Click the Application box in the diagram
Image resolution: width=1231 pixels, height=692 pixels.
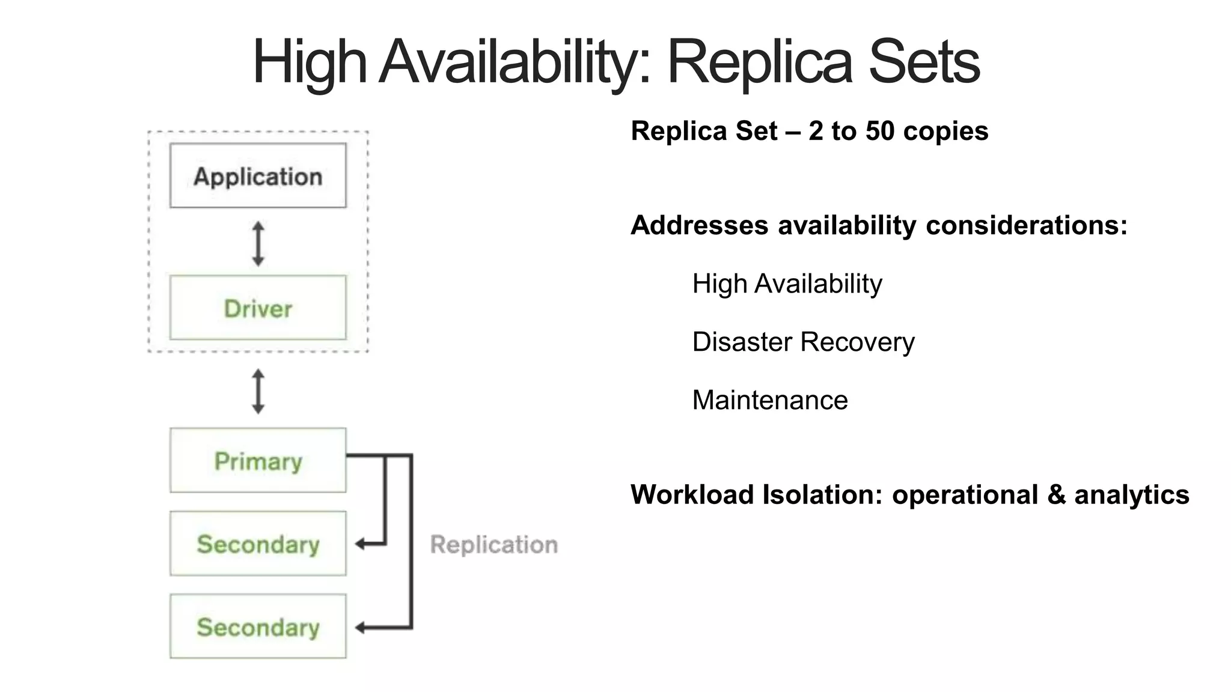pyautogui.click(x=258, y=175)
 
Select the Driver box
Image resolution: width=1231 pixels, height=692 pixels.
pyautogui.click(x=258, y=308)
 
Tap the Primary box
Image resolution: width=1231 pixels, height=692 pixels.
pyautogui.click(x=258, y=461)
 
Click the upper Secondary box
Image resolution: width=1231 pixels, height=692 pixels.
pyautogui.click(x=258, y=544)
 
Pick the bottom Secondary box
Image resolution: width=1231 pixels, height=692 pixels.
pyautogui.click(x=258, y=627)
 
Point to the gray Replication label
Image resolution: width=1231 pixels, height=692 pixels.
pyautogui.click(x=494, y=545)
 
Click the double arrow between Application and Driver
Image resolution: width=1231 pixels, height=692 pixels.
pyautogui.click(x=258, y=243)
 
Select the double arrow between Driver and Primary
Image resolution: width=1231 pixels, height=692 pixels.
pyautogui.click(x=258, y=391)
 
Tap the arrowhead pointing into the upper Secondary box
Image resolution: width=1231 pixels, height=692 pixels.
pyautogui.click(x=360, y=544)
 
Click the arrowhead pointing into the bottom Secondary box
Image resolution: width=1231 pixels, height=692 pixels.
pyautogui.click(x=360, y=628)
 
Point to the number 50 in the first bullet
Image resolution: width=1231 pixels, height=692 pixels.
pyautogui.click(x=880, y=131)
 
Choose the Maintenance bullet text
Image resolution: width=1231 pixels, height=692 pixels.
pyautogui.click(x=770, y=400)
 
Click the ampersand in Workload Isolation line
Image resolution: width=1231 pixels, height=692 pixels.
pyautogui.click(x=1055, y=495)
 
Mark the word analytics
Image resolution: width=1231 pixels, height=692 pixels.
pyautogui.click(x=1132, y=495)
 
